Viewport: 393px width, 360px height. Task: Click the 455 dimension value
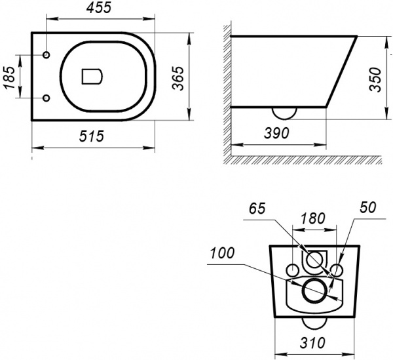[98, 8]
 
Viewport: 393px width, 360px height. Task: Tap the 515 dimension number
[92, 136]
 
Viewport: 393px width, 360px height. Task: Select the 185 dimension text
[9, 77]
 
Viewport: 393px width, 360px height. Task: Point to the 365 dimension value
[178, 78]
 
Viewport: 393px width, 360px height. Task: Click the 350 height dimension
[376, 80]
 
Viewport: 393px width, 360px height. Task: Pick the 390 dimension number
[276, 133]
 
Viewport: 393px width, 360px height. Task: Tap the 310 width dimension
[312, 343]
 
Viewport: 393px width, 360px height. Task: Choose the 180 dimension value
[313, 218]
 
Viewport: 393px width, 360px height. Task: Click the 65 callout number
[257, 209]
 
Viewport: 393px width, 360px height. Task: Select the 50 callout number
[367, 207]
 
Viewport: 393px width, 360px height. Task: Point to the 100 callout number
[222, 253]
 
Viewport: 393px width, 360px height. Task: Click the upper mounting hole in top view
[47, 54]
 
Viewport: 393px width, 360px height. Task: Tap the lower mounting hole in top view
[47, 98]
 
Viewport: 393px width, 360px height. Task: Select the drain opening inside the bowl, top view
[92, 76]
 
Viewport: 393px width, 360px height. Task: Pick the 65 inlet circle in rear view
[314, 260]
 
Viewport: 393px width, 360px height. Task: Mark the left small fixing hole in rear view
[292, 270]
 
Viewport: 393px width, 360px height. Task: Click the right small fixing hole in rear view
[337, 270]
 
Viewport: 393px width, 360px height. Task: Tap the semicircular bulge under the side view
[284, 113]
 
